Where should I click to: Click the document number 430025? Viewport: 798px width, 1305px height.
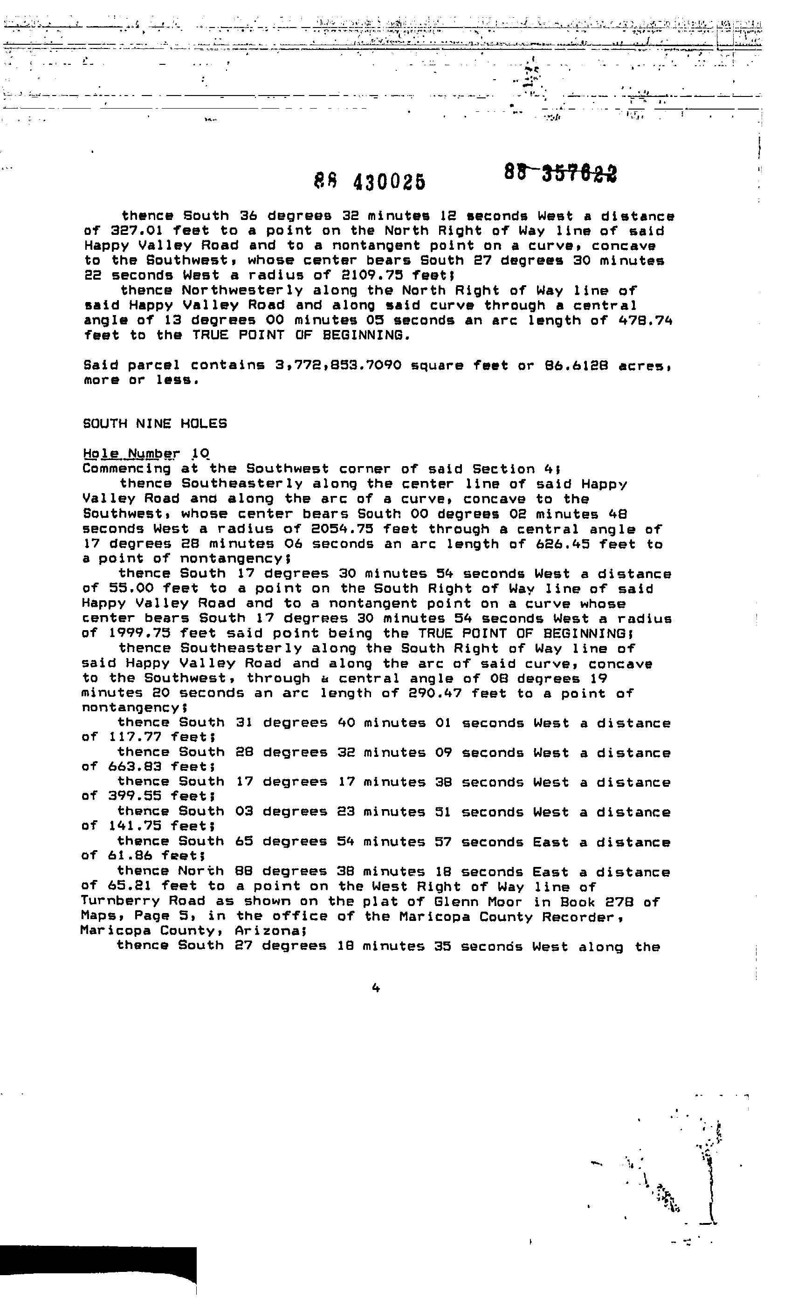point(389,182)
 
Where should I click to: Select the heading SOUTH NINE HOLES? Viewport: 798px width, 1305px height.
point(155,424)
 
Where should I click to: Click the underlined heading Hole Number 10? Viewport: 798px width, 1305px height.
point(146,454)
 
